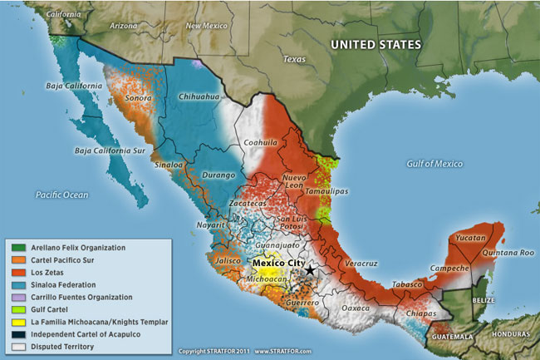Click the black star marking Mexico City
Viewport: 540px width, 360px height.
(x=310, y=270)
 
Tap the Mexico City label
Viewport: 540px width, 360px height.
(x=279, y=262)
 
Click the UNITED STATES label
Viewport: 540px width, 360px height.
(x=376, y=44)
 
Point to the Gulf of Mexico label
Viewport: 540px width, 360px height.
(x=434, y=164)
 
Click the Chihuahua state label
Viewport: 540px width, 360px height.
(x=199, y=97)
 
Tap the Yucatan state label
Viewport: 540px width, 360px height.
(x=470, y=236)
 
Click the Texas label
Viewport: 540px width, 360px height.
(x=294, y=60)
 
